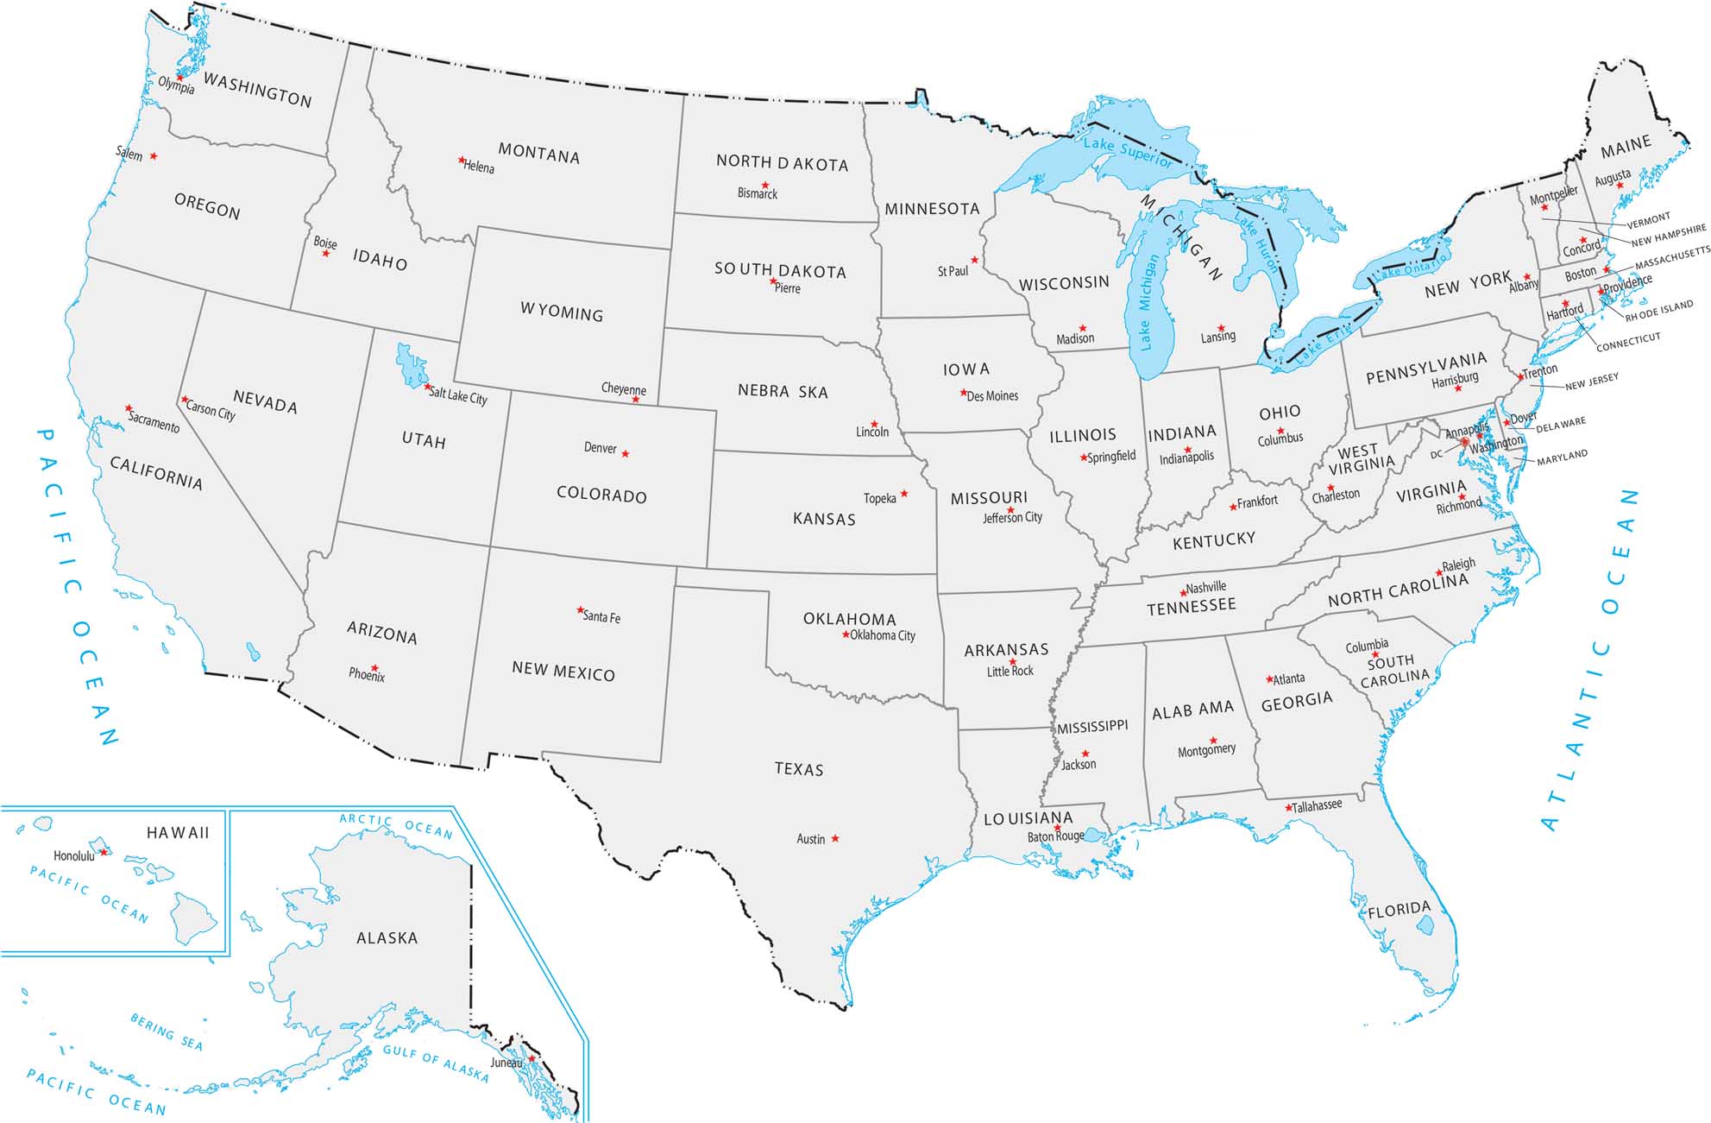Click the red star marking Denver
tap(626, 454)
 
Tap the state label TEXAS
tap(799, 769)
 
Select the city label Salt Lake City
tap(458, 396)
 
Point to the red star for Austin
tap(835, 838)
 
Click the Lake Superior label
tap(1128, 153)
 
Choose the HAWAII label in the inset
tap(178, 833)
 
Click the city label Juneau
tap(506, 1063)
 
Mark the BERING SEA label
tap(167, 1032)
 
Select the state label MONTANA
tap(538, 155)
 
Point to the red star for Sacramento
tap(129, 407)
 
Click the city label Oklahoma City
tap(883, 635)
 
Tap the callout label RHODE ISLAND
tap(1658, 311)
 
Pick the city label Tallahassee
tap(1317, 805)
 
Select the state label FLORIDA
tap(1399, 910)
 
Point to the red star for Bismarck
tap(764, 185)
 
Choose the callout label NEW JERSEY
tap(1591, 381)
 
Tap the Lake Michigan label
tap(1146, 302)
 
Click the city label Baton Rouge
tap(1055, 836)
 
